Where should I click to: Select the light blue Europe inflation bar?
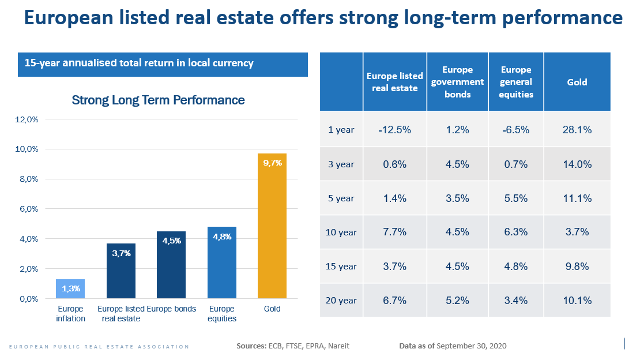pos(70,289)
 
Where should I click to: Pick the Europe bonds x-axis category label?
pos(171,309)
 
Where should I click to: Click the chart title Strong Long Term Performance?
pos(158,100)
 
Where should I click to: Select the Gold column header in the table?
pos(577,82)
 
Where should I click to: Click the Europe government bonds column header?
pos(457,82)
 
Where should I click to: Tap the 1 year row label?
pos(341,130)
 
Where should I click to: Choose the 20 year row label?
pos(341,301)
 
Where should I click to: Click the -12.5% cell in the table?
pos(394,130)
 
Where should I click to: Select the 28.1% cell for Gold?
pos(577,130)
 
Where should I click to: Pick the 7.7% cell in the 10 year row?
pos(394,232)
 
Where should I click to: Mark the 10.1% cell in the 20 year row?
pos(577,301)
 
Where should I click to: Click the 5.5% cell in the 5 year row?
pos(515,198)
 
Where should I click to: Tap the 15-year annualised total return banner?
pos(163,63)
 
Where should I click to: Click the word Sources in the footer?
pos(251,346)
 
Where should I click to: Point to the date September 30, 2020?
pos(472,346)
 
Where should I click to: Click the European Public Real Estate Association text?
pos(99,347)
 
